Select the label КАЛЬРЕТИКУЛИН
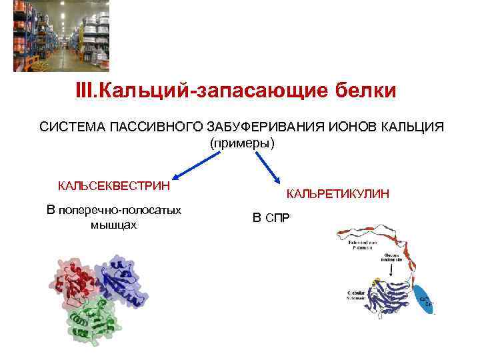pos(338,194)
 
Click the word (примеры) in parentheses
pos(241,143)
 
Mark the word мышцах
pos(113,225)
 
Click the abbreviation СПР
pos(279,218)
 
